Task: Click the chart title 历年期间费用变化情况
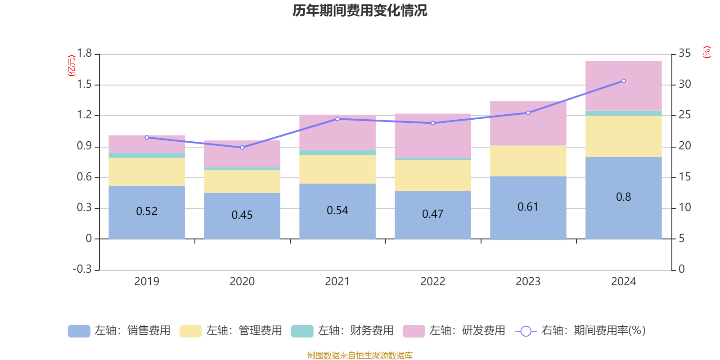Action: [360, 10]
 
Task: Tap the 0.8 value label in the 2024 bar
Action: [623, 197]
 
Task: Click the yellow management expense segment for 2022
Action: [432, 175]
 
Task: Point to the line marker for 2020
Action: [242, 148]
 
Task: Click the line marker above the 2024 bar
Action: [623, 81]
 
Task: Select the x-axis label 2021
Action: [337, 281]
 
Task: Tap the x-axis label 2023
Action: [528, 281]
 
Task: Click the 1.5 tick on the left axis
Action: [84, 84]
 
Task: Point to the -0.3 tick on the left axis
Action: [82, 269]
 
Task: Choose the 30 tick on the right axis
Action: [684, 84]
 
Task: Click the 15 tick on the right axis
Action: [684, 176]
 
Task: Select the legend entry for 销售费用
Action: [119, 331]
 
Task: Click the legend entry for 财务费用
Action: [342, 331]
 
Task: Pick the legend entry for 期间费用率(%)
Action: [580, 331]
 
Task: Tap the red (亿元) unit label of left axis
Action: [71, 66]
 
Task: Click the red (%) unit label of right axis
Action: [706, 52]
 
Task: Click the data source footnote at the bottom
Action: [360, 355]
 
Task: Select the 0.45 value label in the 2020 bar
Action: [242, 215]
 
